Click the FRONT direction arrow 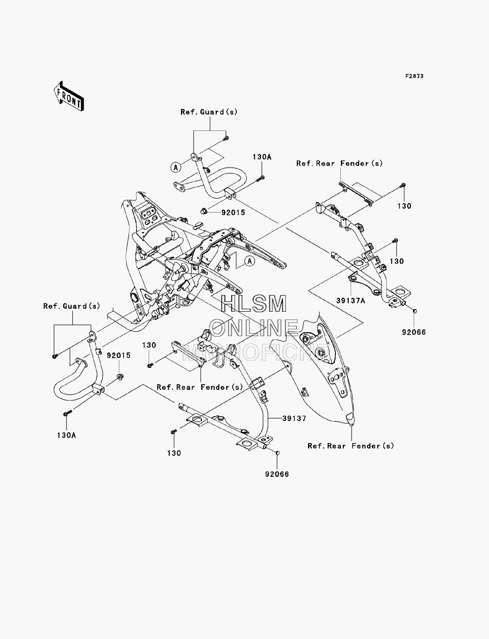[69, 96]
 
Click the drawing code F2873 [414, 76]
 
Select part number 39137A [351, 300]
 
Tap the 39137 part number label [294, 418]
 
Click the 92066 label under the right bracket [414, 332]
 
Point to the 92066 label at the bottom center [277, 474]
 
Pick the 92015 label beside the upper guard [233, 213]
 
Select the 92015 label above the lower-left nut [119, 356]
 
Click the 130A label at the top [262, 157]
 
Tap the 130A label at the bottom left [67, 435]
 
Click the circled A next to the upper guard [176, 168]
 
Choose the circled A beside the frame [250, 261]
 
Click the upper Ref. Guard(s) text [209, 112]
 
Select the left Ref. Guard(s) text [72, 306]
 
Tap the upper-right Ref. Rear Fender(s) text [339, 164]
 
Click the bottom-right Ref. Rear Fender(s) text [351, 446]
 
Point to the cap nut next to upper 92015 [204, 211]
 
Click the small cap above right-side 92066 [415, 311]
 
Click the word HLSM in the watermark [253, 304]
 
